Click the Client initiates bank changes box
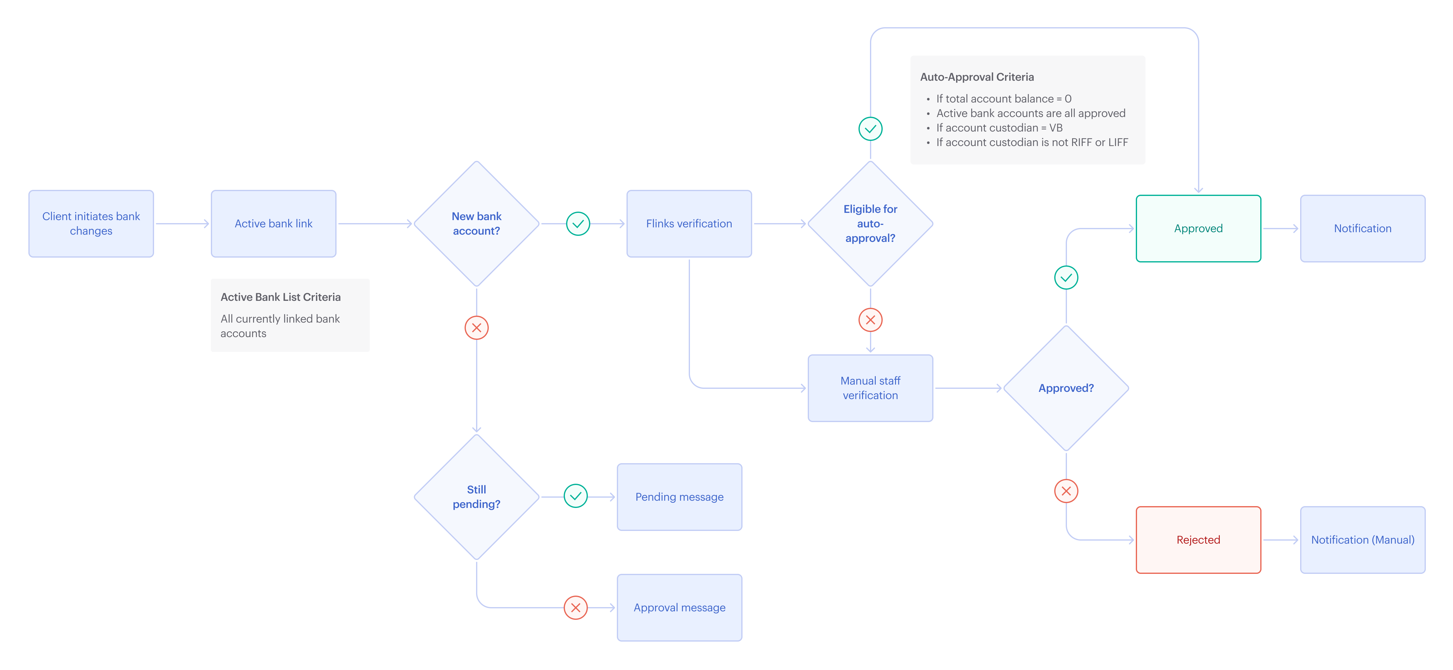[91, 223]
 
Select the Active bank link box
[274, 223]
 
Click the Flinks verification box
[689, 223]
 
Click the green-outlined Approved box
[1198, 229]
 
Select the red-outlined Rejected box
[1198, 540]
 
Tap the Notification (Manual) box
[1362, 540]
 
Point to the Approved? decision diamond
[1065, 388]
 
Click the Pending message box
[679, 497]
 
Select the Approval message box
[679, 607]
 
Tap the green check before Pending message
[575, 496]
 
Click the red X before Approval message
[575, 607]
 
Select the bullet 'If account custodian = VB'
[999, 128]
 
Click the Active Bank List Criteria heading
[280, 297]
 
